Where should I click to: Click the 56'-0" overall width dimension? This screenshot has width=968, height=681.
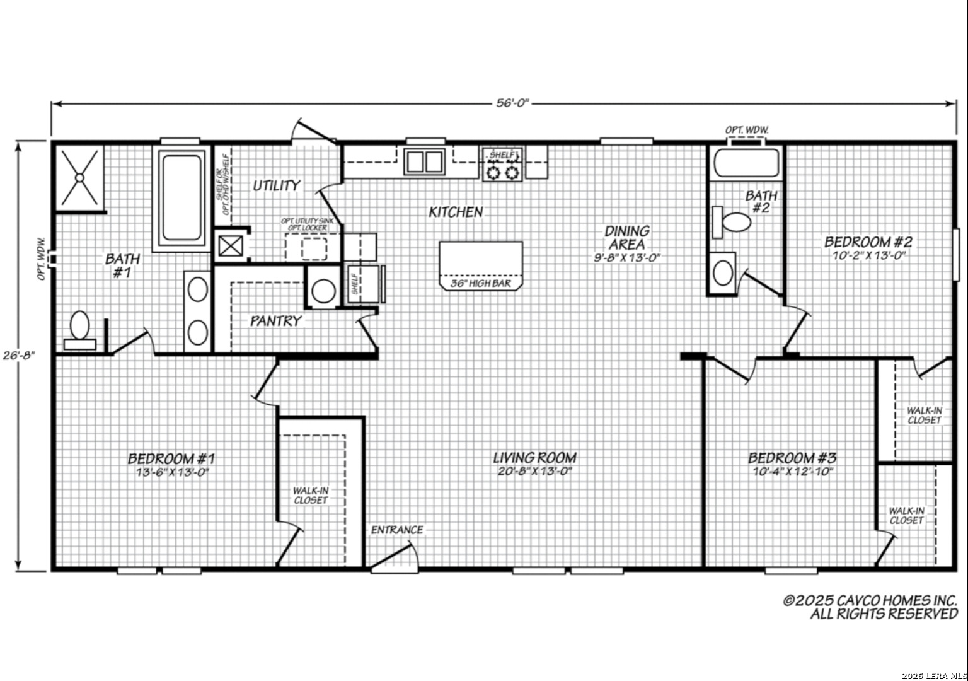pyautogui.click(x=511, y=103)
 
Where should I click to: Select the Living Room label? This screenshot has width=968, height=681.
pyautogui.click(x=534, y=458)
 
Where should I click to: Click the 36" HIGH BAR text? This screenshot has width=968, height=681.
pyautogui.click(x=481, y=284)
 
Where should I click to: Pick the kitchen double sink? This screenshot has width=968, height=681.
pyautogui.click(x=423, y=162)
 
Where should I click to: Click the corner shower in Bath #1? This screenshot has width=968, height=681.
pyautogui.click(x=79, y=177)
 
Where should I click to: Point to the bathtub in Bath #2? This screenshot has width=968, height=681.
pyautogui.click(x=746, y=163)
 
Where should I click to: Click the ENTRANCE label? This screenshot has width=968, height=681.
pyautogui.click(x=397, y=530)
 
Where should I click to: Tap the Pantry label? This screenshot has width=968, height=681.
pyautogui.click(x=275, y=321)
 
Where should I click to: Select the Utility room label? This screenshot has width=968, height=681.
pyautogui.click(x=277, y=185)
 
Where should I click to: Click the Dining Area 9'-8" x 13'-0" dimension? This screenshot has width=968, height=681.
pyautogui.click(x=627, y=257)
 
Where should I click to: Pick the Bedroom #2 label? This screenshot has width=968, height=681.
pyautogui.click(x=868, y=242)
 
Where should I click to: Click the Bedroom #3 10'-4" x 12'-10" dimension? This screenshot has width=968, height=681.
pyautogui.click(x=792, y=472)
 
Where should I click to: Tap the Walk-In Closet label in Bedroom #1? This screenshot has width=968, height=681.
pyautogui.click(x=311, y=495)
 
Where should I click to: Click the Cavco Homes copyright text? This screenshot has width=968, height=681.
pyautogui.click(x=870, y=607)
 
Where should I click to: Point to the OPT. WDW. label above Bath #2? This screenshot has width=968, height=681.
pyautogui.click(x=747, y=130)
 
